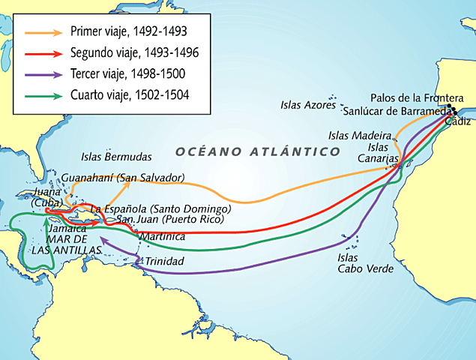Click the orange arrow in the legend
pyautogui.click(x=43, y=32)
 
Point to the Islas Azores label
pyautogui.click(x=308, y=105)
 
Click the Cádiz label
pyautogui.click(x=458, y=121)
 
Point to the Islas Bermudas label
pyautogui.click(x=116, y=157)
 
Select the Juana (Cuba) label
pyautogui.click(x=47, y=199)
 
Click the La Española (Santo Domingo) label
pyautogui.click(x=160, y=208)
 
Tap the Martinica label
pyautogui.click(x=163, y=237)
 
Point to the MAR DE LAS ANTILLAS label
pyautogui.click(x=66, y=244)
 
